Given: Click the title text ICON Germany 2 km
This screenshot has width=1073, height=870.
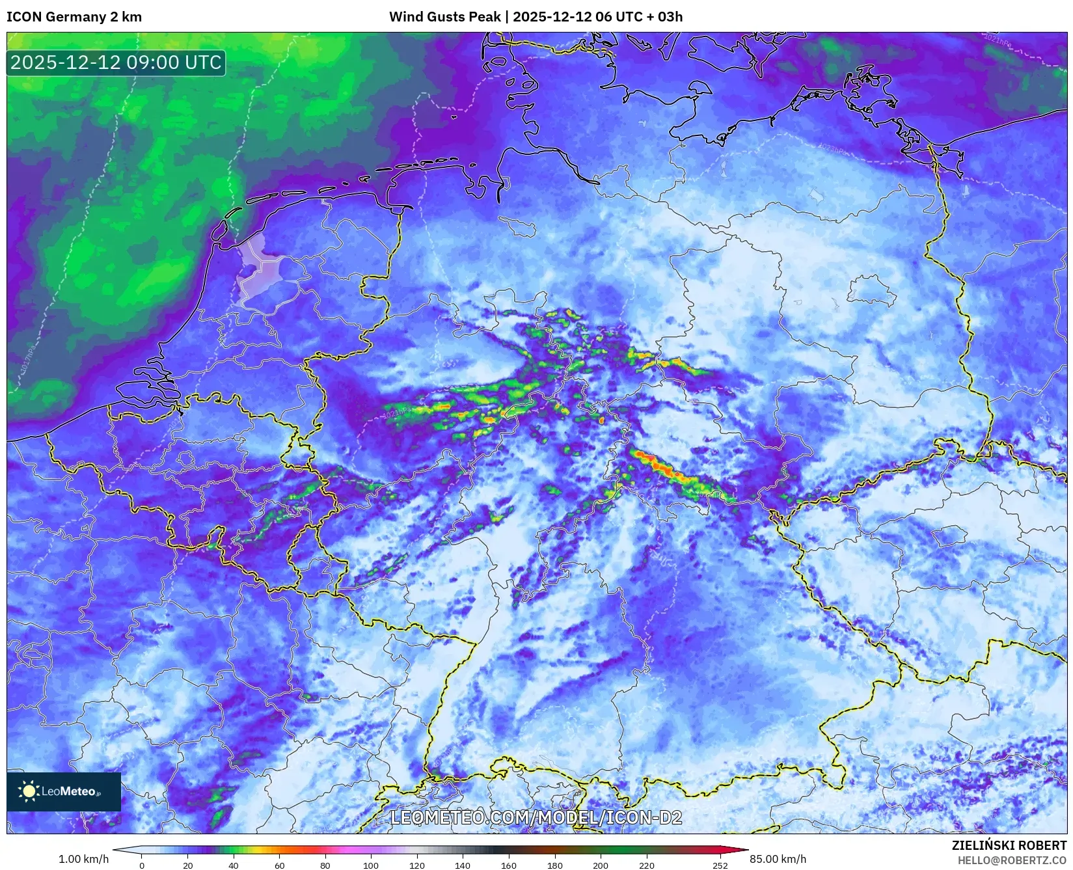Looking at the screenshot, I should tap(74, 17).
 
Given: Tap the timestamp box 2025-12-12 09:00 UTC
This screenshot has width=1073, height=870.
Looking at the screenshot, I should tap(116, 62).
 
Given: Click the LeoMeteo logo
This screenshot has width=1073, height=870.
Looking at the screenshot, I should tap(64, 791).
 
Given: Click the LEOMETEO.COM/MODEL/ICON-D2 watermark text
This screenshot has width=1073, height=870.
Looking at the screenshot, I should tap(536, 817).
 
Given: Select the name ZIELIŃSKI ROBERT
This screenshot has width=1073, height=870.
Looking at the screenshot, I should tap(1009, 845).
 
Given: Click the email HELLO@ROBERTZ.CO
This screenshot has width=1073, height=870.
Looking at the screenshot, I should tap(1012, 860).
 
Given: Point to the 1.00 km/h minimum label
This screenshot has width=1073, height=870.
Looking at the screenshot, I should tap(83, 859).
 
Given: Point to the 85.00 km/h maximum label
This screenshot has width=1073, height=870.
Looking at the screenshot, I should tap(778, 859).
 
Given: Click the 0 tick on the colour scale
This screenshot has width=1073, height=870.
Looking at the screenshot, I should tap(142, 865).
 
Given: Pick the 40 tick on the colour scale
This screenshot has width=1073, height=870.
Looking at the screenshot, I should tap(234, 865).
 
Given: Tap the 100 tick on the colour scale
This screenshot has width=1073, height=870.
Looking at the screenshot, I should tap(371, 865).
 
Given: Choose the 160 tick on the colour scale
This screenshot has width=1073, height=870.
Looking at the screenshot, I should tap(509, 865).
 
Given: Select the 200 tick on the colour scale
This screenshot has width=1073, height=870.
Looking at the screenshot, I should tap(601, 865).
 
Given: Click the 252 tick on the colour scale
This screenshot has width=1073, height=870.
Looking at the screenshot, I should tap(720, 865).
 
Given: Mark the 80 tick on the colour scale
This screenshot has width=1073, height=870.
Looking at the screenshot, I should tap(325, 865).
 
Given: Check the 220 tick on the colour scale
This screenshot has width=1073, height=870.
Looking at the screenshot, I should tap(647, 865).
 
